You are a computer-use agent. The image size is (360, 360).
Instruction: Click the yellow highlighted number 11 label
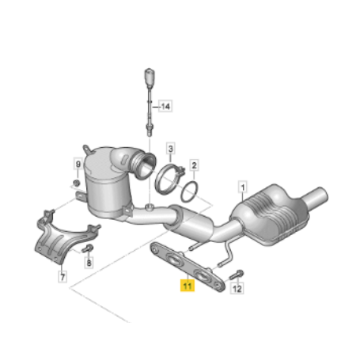[188, 286]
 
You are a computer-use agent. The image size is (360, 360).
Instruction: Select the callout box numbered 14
[165, 106]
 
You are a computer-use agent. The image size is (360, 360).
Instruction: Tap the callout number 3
[170, 149]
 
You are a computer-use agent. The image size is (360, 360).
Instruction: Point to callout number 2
[194, 165]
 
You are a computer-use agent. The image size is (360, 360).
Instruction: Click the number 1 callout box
[243, 188]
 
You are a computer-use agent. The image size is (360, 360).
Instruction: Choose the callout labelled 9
[78, 165]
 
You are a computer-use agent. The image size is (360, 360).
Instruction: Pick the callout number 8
[89, 263]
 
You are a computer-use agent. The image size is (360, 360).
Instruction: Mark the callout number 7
[63, 277]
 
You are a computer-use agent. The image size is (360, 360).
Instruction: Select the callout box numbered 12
[237, 289]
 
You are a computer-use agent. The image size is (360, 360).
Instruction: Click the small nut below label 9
[77, 183]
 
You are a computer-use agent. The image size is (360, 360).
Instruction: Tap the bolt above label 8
[87, 248]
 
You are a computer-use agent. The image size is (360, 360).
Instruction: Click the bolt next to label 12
[237, 275]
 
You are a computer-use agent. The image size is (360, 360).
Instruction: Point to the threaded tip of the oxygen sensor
[149, 131]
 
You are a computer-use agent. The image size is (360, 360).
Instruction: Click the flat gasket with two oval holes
[188, 267]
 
